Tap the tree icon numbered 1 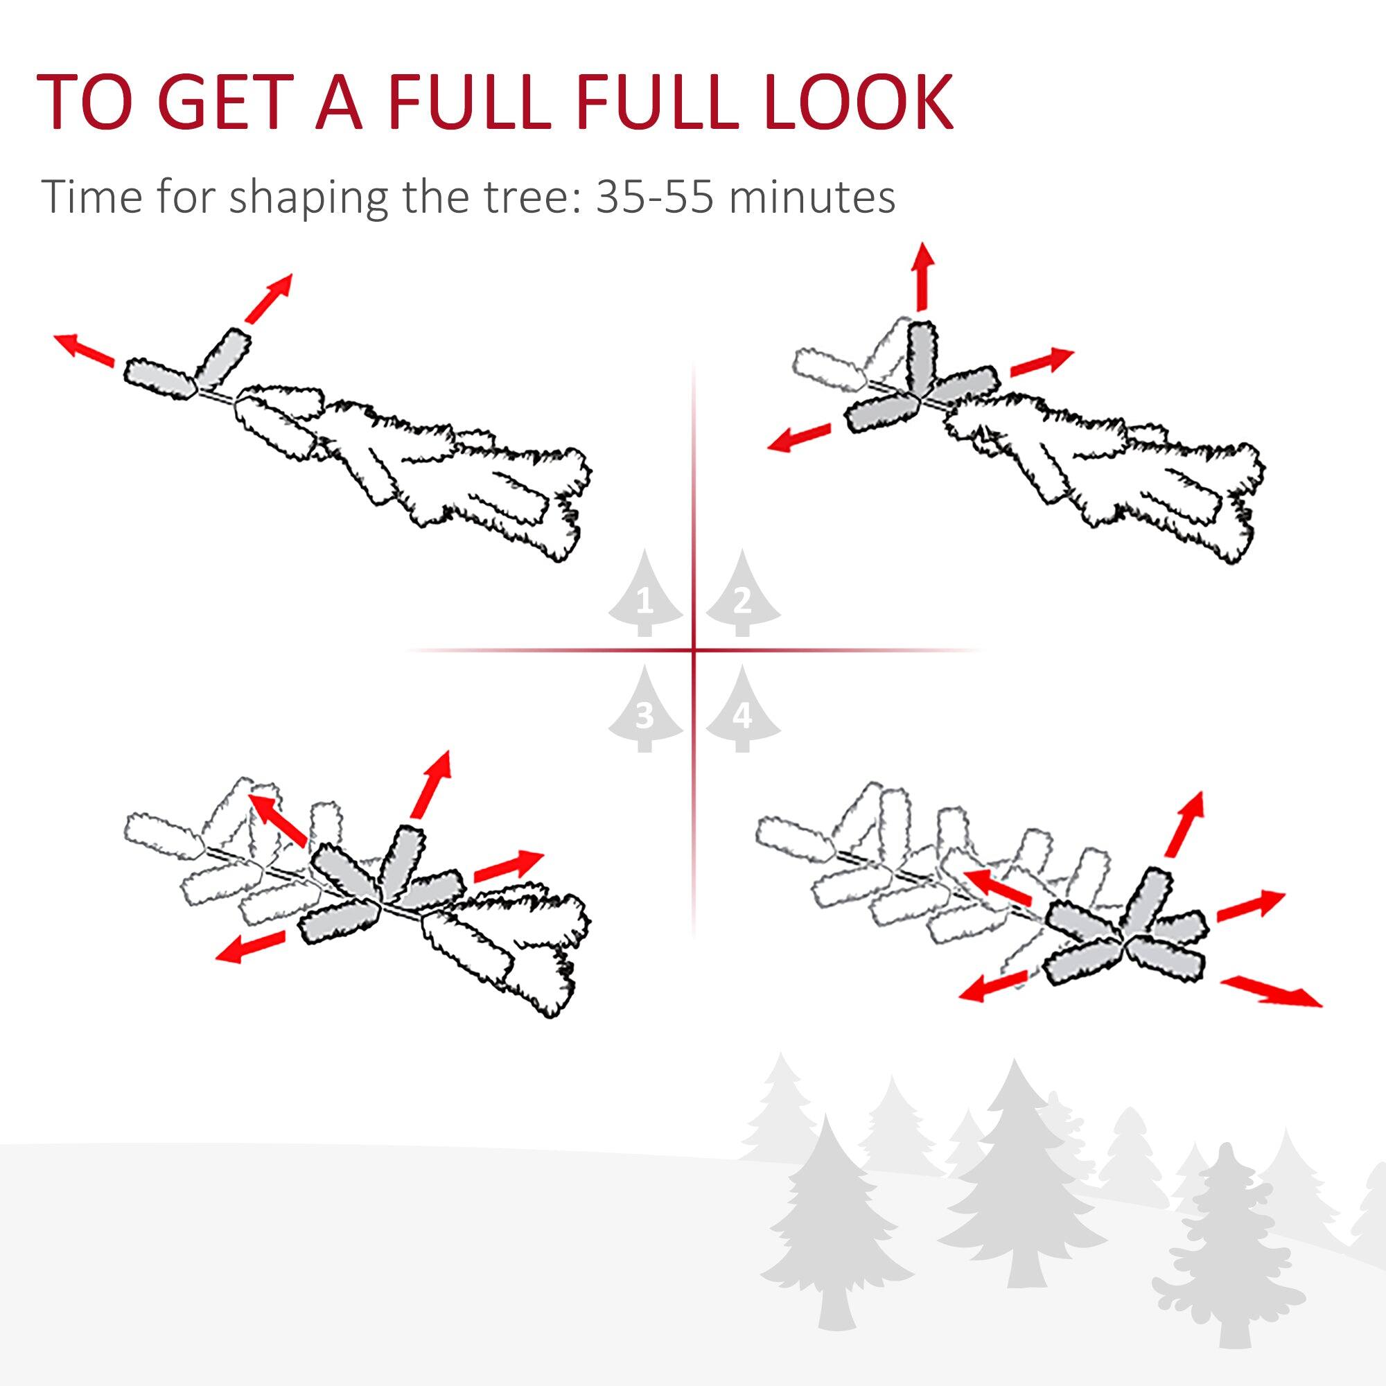point(645,595)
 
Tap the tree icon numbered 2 point(742,595)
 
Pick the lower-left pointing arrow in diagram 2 point(798,437)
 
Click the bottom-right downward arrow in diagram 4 point(1270,992)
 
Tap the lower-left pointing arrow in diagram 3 point(251,947)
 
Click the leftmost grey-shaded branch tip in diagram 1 point(159,378)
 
